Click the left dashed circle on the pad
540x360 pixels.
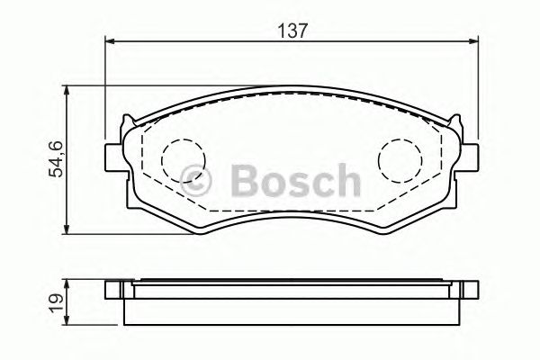[x=178, y=159]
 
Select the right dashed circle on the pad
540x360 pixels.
[x=397, y=159]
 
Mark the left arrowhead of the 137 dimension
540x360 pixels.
[x=111, y=40]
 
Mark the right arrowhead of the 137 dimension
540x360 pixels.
[x=473, y=40]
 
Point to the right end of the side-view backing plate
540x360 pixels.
[x=470, y=290]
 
